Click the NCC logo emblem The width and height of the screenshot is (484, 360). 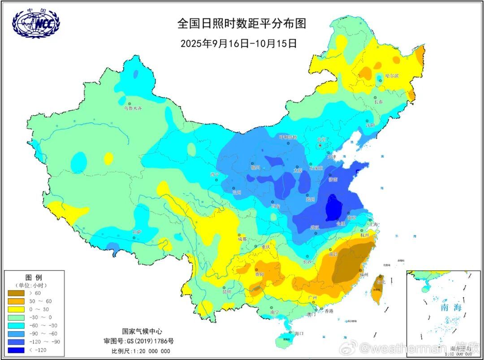click(x=35, y=23)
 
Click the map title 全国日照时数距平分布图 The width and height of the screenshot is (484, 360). click(x=242, y=23)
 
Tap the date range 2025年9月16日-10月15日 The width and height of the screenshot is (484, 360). click(x=238, y=43)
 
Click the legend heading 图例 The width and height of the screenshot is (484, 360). click(x=34, y=278)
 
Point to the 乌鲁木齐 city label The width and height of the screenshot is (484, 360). click(x=132, y=108)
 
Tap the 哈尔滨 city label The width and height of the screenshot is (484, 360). click(x=391, y=76)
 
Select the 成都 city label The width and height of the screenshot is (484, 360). click(x=242, y=239)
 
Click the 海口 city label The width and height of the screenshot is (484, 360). click(x=299, y=333)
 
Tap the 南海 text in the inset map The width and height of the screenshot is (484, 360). click(x=450, y=308)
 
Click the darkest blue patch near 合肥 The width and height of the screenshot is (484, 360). click(x=333, y=207)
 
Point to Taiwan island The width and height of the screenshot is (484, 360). click(x=378, y=287)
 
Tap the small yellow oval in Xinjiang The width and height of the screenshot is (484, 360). click(x=108, y=158)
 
